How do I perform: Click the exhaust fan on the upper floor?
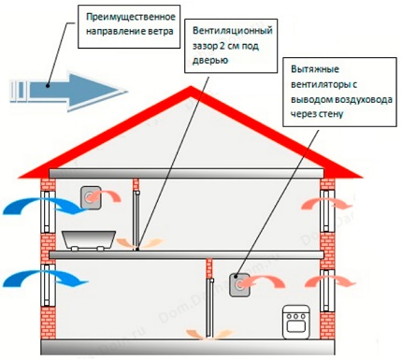point(91,197)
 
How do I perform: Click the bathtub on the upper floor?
point(90,238)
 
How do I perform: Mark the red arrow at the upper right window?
point(313,203)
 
